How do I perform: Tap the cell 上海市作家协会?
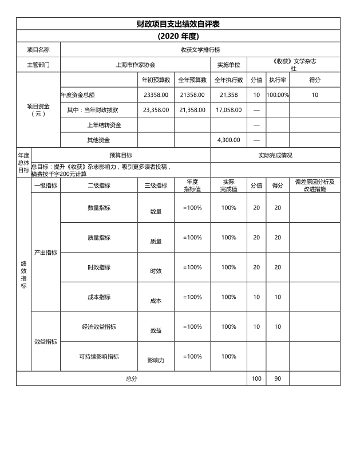(136, 65)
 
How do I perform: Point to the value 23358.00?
(156, 94)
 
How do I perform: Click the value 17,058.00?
(229, 109)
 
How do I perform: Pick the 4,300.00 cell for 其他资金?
(229, 139)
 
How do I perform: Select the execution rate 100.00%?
(278, 94)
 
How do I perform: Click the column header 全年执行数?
(229, 80)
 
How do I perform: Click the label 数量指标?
(99, 208)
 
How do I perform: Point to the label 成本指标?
(99, 297)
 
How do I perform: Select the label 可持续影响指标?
(99, 357)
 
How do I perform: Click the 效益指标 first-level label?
(46, 342)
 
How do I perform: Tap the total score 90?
(278, 379)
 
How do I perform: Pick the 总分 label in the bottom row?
(132, 379)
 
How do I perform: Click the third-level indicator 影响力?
(156, 361)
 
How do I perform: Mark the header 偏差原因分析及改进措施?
(315, 186)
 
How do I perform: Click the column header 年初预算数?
(156, 80)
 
